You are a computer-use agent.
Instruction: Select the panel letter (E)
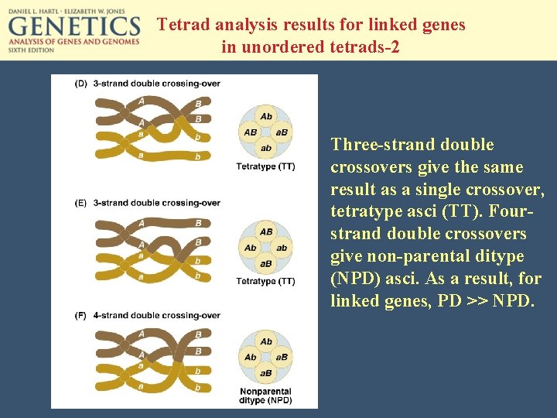pyautogui.click(x=80, y=203)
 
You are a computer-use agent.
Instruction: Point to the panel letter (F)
pyautogui.click(x=80, y=316)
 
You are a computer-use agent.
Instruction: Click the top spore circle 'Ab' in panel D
pyautogui.click(x=266, y=116)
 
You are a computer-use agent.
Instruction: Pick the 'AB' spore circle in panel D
pyautogui.click(x=251, y=132)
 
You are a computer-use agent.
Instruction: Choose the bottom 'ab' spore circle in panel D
pyautogui.click(x=266, y=148)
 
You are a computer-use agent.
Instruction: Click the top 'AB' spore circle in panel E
pyautogui.click(x=266, y=231)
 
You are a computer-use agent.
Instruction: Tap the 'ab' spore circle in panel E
pyautogui.click(x=282, y=248)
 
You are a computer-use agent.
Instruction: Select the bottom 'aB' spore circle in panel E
pyautogui.click(x=266, y=264)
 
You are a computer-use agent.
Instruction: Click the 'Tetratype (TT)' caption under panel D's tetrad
pyautogui.click(x=265, y=166)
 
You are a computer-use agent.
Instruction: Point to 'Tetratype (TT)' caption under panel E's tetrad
pyautogui.click(x=265, y=281)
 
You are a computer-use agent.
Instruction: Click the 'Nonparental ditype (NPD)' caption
pyautogui.click(x=265, y=395)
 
